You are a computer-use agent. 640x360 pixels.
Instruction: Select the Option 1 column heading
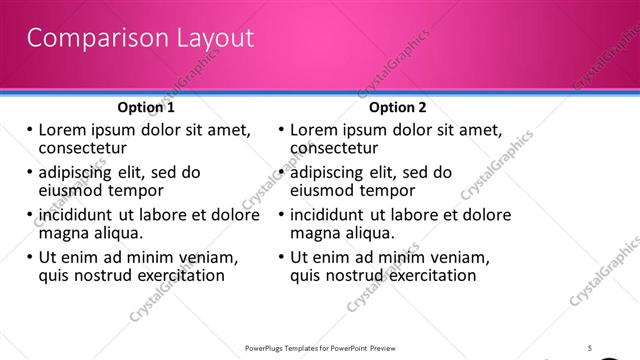coord(146,107)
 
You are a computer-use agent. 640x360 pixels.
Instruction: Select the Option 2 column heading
coord(397,107)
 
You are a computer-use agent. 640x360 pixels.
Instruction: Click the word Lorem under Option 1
coord(62,130)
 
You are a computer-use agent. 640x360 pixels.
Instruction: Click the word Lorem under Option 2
coord(313,130)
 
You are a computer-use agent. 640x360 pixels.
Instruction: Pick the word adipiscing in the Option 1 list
coord(80,172)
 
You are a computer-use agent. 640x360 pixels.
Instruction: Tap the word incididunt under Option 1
coord(77,215)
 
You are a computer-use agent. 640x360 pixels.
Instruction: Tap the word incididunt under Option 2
coord(328,215)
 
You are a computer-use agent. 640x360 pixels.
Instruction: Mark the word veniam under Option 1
coord(205,257)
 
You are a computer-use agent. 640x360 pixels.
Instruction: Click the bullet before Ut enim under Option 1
coord(30,257)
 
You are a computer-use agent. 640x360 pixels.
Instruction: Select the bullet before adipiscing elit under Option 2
coord(281,172)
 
